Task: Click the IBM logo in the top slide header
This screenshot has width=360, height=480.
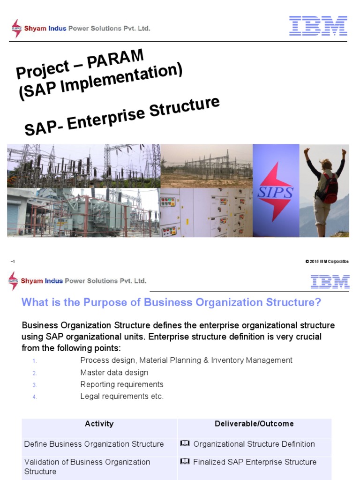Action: (x=318, y=26)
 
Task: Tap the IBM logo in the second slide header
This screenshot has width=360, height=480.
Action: (x=330, y=281)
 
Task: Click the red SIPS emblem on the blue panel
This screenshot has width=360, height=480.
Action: (x=276, y=191)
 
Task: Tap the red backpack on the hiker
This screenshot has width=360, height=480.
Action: (x=330, y=187)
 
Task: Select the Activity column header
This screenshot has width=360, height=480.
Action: (x=99, y=424)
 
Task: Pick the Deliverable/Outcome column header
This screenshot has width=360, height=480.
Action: (x=254, y=424)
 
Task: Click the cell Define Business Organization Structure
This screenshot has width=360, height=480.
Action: (x=94, y=444)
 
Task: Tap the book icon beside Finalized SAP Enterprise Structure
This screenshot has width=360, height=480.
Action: (x=185, y=462)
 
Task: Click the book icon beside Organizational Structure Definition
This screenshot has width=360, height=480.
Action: (x=185, y=444)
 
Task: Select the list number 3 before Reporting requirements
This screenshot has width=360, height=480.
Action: (x=34, y=385)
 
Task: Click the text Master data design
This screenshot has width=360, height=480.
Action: (x=114, y=373)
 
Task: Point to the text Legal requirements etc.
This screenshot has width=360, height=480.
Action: (x=122, y=397)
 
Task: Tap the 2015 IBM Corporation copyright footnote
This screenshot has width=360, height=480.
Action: (x=327, y=262)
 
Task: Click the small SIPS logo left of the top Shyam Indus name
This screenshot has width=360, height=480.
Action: (x=16, y=28)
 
